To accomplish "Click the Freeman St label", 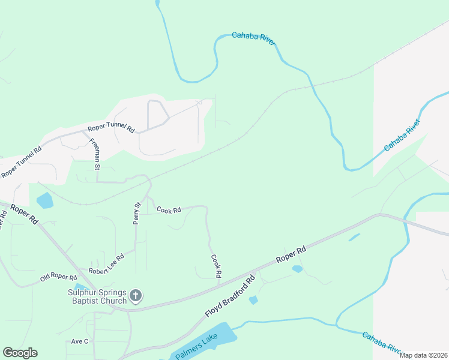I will [95, 154].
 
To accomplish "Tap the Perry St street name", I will [137, 213].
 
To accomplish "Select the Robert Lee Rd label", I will [106, 263].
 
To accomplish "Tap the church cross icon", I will [136, 296].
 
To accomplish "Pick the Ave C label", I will [80, 341].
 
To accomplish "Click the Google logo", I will [20, 353].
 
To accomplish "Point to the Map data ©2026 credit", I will [423, 355].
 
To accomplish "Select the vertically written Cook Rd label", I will [216, 266].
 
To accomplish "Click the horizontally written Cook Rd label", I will [169, 210].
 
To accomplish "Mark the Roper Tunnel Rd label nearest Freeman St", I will [112, 127].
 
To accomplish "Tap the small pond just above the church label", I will [80, 286].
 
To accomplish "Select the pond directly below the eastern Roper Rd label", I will [297, 269].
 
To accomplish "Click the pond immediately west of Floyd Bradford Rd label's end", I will [253, 299].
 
